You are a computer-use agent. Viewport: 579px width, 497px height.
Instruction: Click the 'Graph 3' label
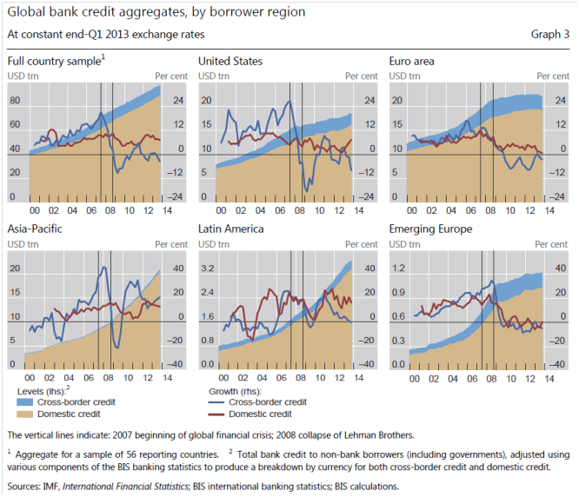pyautogui.click(x=549, y=35)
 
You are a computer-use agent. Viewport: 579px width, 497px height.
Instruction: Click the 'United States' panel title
pyautogui.click(x=230, y=62)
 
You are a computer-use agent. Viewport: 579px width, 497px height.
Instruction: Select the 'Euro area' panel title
pyautogui.click(x=412, y=62)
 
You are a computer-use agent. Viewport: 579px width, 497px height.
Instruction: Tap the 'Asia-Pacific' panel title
pyautogui.click(x=36, y=229)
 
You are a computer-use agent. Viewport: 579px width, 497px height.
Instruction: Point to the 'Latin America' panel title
pyautogui.click(x=231, y=229)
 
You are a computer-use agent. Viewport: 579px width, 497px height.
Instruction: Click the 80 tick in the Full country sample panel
pyautogui.click(x=14, y=100)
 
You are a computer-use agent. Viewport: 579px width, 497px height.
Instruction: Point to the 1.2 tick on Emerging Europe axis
pyautogui.click(x=398, y=268)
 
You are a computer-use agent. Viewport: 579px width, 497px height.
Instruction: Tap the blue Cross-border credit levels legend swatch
pyautogui.click(x=30, y=402)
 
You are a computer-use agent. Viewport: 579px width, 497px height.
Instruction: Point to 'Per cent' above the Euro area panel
pyautogui.click(x=552, y=76)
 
